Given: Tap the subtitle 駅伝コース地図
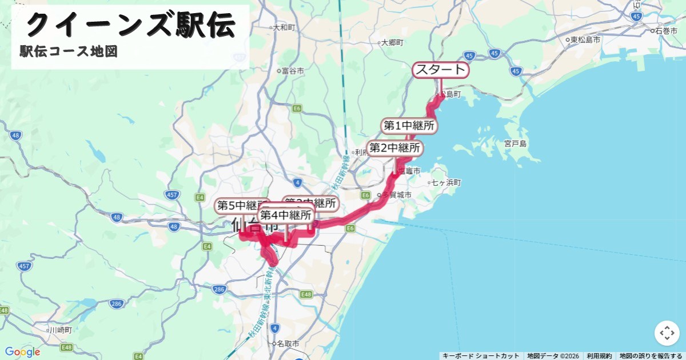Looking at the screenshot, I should [69, 51].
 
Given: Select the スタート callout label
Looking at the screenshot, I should [440, 70].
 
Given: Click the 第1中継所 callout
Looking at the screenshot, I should [408, 126].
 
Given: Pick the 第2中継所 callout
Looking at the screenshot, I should [395, 148].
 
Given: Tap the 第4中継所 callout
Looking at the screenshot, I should [286, 215].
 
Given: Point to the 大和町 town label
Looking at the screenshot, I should [284, 27].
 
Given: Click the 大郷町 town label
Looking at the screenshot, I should [392, 42].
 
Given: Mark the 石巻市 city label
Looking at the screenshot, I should [666, 30].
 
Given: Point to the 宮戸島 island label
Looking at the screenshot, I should [515, 143].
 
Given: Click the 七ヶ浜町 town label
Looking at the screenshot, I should [446, 183].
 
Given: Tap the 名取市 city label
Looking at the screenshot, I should [288, 344].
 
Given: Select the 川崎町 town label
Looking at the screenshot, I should [60, 330].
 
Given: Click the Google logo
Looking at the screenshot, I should [22, 352].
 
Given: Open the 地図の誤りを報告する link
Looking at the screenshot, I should [651, 356].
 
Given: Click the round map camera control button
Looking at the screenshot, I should [667, 333].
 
